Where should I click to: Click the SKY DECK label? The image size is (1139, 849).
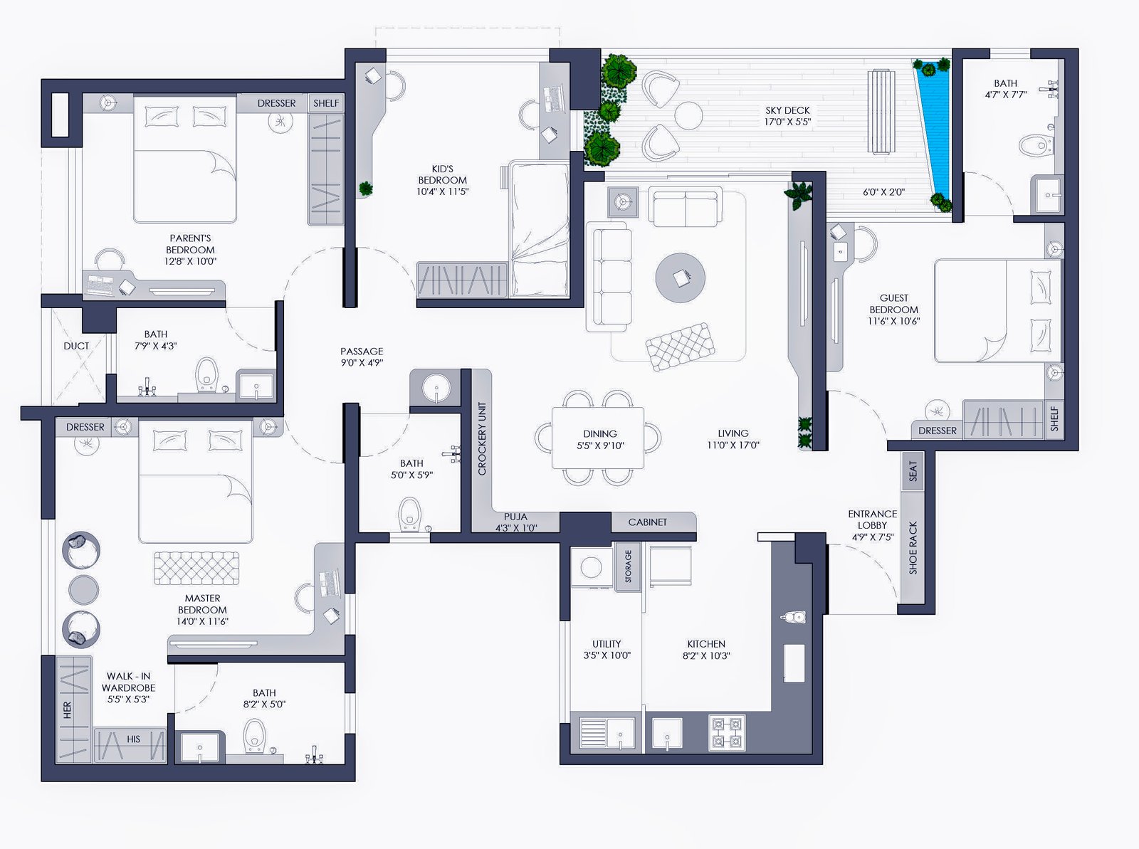tap(787, 110)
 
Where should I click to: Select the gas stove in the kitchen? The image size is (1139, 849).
tap(727, 732)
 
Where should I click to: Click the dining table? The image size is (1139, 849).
tap(598, 438)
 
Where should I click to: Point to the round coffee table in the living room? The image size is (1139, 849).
tap(680, 278)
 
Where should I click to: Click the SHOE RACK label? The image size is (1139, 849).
tap(913, 548)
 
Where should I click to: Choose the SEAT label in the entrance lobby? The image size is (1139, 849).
tap(913, 471)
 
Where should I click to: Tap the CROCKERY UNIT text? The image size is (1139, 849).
tap(482, 439)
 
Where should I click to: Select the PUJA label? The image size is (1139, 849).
tap(515, 517)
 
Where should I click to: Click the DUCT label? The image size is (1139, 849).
tap(76, 346)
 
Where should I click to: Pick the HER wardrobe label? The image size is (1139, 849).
tap(67, 710)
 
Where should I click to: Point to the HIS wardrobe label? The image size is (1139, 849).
tap(133, 739)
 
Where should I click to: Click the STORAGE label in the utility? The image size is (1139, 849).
tap(629, 566)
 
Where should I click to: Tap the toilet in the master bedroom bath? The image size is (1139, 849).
tap(254, 735)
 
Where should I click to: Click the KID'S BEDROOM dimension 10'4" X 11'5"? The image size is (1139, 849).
tap(443, 191)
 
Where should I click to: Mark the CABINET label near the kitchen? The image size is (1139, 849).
tap(647, 522)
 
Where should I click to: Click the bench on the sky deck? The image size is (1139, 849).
tap(881, 112)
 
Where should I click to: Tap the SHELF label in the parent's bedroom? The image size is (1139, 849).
tap(326, 103)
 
